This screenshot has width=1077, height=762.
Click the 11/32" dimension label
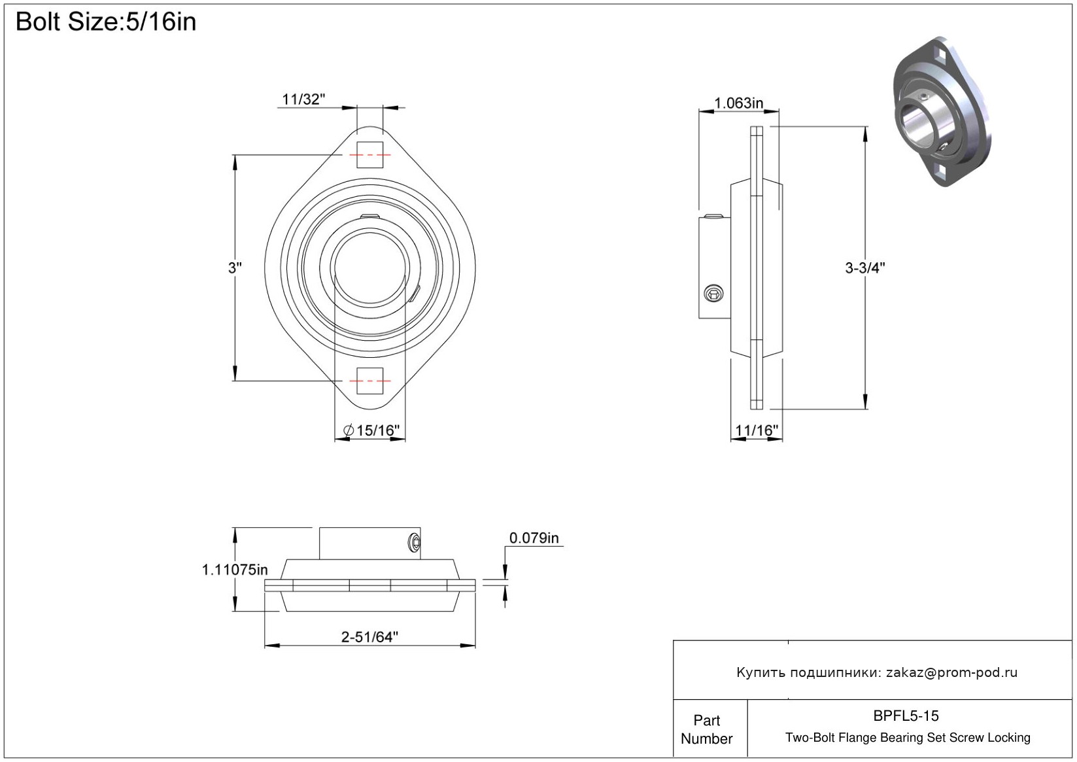click(303, 99)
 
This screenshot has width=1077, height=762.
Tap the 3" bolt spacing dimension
click(235, 268)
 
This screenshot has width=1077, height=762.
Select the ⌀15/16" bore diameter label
click(371, 430)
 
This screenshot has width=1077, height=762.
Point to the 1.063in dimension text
click(738, 103)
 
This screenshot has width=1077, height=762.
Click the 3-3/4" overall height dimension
click(865, 268)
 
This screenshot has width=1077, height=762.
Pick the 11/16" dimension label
click(757, 430)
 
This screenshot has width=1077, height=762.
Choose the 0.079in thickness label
click(534, 538)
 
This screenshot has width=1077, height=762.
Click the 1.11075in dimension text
click(235, 570)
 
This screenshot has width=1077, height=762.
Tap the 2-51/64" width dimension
click(369, 637)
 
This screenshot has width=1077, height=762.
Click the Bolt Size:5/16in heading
click(106, 22)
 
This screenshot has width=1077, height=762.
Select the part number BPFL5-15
click(906, 716)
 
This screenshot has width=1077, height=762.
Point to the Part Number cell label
click(706, 729)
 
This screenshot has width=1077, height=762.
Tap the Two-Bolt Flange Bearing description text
click(908, 737)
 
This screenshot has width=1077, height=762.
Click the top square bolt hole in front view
click(369, 155)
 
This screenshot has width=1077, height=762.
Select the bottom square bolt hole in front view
click(369, 381)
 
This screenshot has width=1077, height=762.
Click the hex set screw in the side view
click(713, 294)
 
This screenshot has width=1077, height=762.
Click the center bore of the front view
click(369, 268)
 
